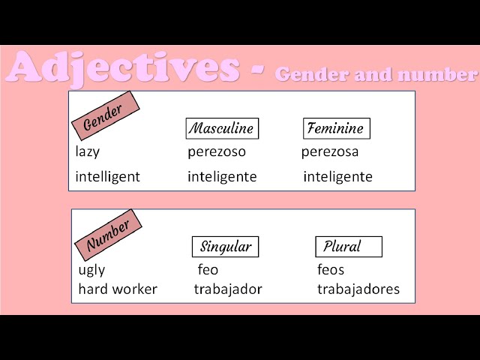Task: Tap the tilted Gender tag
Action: point(103,116)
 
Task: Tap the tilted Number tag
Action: point(108,235)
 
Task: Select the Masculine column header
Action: point(221,128)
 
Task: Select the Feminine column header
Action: point(336,128)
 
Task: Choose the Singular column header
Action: point(225,246)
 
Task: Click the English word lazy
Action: point(88,152)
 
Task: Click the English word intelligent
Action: point(107,178)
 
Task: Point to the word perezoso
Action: point(216,152)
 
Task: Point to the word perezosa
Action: point(330,152)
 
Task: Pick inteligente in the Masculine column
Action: point(222,177)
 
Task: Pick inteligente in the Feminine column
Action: point(337,177)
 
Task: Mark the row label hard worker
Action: point(118,289)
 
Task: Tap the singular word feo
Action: point(208,270)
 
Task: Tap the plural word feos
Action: point(331,270)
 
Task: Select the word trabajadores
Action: point(358,289)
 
